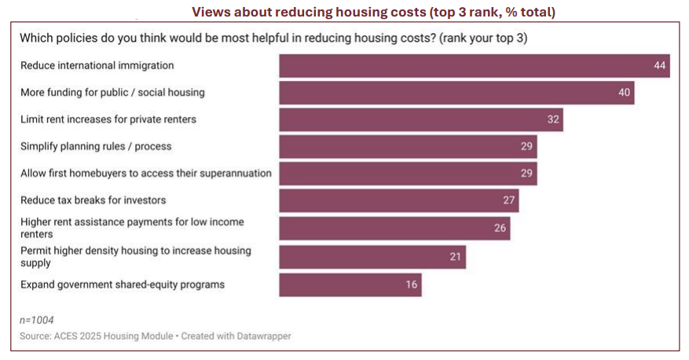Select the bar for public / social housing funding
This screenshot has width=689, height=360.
[x=456, y=93]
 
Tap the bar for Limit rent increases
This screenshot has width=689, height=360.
[x=421, y=119]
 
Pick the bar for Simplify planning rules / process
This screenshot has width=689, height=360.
[x=408, y=146]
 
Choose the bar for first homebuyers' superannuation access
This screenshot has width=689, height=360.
[x=408, y=173]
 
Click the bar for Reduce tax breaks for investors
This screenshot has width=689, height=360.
[x=399, y=200]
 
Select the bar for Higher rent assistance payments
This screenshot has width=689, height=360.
[x=394, y=228]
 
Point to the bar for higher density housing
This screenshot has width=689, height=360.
[x=372, y=256]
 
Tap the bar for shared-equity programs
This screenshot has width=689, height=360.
[x=350, y=285]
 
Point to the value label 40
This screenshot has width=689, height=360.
[x=625, y=93]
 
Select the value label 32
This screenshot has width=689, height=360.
[x=554, y=119]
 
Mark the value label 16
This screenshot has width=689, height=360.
[x=412, y=285]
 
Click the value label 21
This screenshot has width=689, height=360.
[x=456, y=256]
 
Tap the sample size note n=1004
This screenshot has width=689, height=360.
[x=38, y=320]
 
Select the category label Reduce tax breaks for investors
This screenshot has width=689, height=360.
[x=93, y=200]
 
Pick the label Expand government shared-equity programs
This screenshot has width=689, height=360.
[x=123, y=285]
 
